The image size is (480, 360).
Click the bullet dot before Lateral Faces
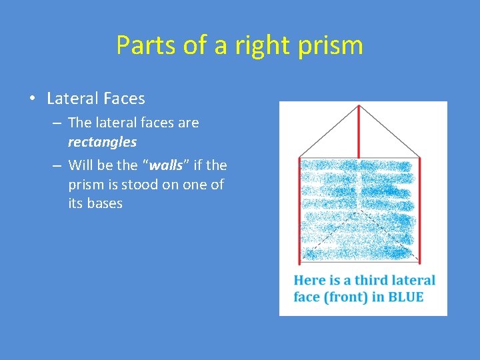point(32,99)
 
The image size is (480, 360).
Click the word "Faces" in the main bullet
point(123,99)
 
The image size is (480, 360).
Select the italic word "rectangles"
point(102,142)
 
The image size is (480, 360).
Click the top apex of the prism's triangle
point(359,106)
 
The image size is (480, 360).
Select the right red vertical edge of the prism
point(420,207)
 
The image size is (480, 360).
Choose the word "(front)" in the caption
point(346,297)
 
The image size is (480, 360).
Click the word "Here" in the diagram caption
point(309,280)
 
